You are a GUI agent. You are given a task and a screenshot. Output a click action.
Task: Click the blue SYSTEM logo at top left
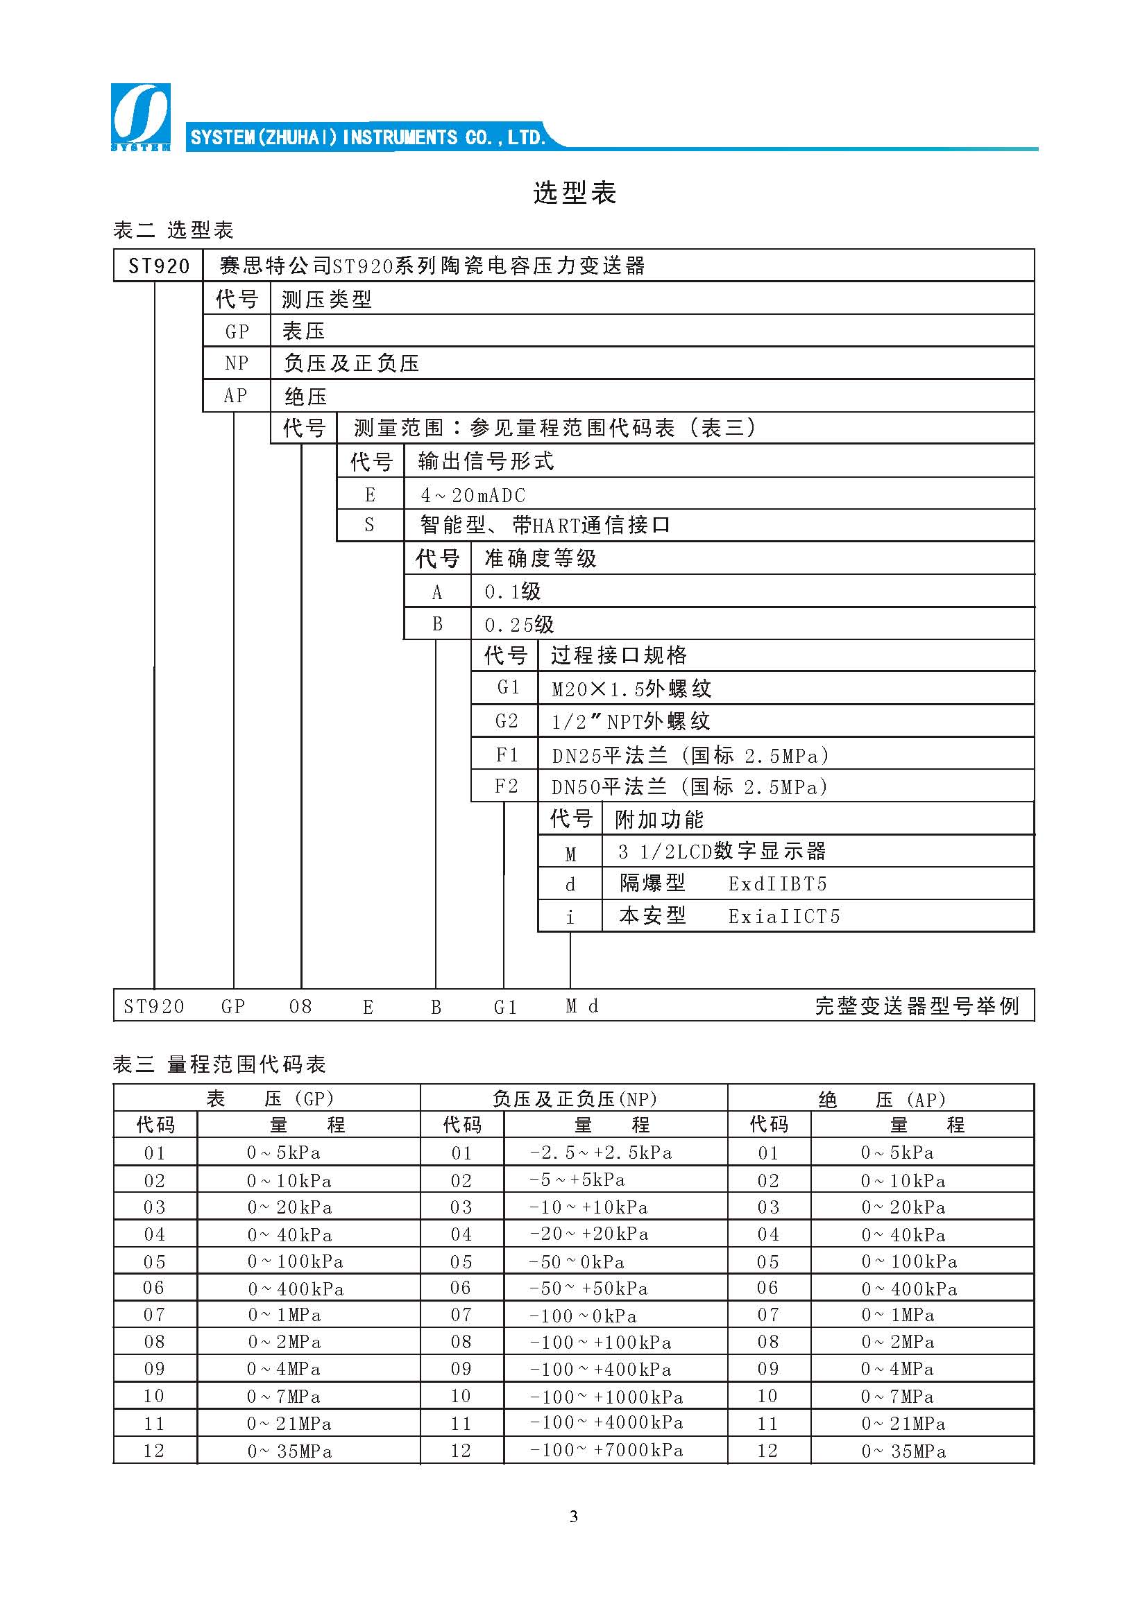(140, 117)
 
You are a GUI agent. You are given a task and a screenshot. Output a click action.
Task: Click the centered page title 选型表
(574, 192)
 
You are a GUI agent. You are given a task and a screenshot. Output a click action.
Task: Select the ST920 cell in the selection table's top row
(158, 266)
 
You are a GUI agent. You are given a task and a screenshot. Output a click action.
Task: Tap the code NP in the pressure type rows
(236, 363)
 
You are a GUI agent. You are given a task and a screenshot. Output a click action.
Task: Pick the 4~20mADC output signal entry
(473, 495)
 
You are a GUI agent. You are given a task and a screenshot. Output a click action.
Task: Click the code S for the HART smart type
(369, 525)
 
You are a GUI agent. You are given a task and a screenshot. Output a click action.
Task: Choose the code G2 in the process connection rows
(506, 721)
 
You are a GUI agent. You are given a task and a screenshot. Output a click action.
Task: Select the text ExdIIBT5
(777, 883)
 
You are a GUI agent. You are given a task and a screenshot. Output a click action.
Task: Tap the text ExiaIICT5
(783, 916)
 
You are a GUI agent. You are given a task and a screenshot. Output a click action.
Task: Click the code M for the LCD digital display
(570, 854)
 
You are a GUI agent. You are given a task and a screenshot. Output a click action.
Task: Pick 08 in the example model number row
(300, 1006)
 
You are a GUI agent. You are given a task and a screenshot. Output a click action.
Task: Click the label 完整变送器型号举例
(917, 1006)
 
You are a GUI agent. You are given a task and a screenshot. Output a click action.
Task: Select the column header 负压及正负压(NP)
(574, 1098)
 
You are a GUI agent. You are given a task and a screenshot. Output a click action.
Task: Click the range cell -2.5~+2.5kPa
(601, 1153)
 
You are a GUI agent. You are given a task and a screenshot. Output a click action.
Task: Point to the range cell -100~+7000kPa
(606, 1450)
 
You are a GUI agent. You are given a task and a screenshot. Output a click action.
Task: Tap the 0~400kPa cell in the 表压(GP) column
(296, 1288)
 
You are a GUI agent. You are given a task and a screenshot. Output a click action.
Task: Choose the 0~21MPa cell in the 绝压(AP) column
(903, 1424)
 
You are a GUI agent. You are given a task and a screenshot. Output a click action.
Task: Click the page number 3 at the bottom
(573, 1515)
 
